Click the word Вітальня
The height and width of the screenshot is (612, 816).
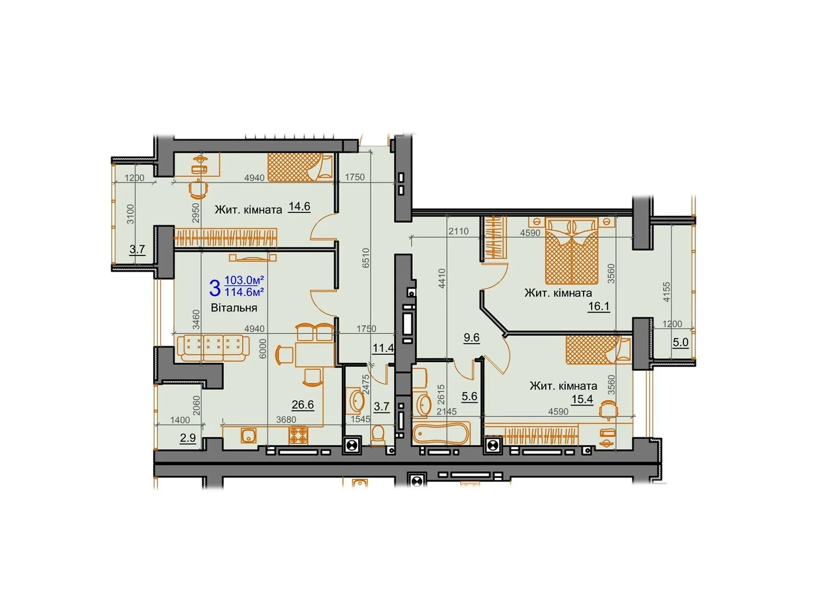click(x=234, y=308)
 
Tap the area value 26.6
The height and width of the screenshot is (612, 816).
click(x=302, y=405)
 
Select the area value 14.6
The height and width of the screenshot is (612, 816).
click(x=299, y=207)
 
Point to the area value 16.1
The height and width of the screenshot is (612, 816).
click(x=599, y=307)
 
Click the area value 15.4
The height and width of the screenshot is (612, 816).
click(x=582, y=399)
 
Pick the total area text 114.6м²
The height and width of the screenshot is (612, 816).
click(x=244, y=292)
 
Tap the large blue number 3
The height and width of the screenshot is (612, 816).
click(x=215, y=288)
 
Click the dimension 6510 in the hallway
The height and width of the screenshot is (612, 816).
click(x=365, y=259)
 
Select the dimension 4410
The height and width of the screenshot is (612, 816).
click(x=442, y=278)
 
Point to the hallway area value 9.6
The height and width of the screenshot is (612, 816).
click(x=471, y=338)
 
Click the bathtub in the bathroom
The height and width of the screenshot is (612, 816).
click(x=441, y=433)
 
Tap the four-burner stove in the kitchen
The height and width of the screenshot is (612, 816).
click(x=298, y=436)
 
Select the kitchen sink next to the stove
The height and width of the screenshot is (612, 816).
click(x=248, y=436)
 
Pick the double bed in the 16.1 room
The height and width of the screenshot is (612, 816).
click(x=571, y=251)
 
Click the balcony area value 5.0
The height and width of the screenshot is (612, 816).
click(x=680, y=342)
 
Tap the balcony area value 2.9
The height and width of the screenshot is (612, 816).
click(x=188, y=438)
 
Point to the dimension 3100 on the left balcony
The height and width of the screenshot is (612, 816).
click(x=131, y=214)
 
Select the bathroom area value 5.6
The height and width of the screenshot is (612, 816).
click(x=469, y=396)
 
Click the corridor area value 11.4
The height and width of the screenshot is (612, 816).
click(x=382, y=348)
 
